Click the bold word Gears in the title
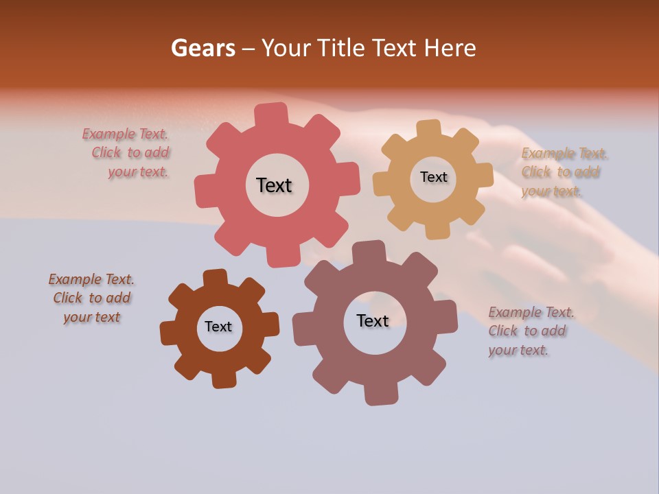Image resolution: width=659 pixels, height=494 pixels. coord(203,48)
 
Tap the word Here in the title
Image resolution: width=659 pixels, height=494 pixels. coord(450,48)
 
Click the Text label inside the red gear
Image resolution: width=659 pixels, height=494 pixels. coord(274,185)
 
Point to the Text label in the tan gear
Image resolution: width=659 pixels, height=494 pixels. coord(433,177)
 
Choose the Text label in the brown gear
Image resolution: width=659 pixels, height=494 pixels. coord(218,327)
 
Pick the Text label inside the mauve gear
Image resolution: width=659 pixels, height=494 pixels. coord(373,320)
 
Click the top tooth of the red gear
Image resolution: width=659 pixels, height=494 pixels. coord(272,114)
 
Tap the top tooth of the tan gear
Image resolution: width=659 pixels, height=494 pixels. coord(429,129)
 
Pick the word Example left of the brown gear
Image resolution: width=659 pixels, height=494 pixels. coord(74,279)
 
